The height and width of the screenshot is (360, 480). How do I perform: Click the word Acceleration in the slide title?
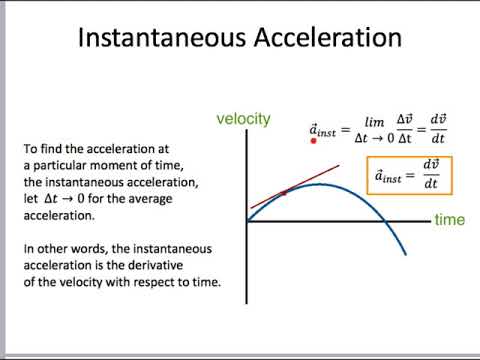pyautogui.click(x=331, y=39)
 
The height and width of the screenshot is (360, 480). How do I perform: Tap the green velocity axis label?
pyautogui.click(x=244, y=119)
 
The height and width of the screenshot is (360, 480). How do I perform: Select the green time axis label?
pyautogui.click(x=449, y=219)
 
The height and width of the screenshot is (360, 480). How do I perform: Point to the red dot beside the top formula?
pyautogui.click(x=314, y=141)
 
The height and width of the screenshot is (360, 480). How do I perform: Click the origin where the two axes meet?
pyautogui.click(x=247, y=220)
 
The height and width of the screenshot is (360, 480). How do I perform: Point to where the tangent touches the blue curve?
pyautogui.click(x=285, y=191)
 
